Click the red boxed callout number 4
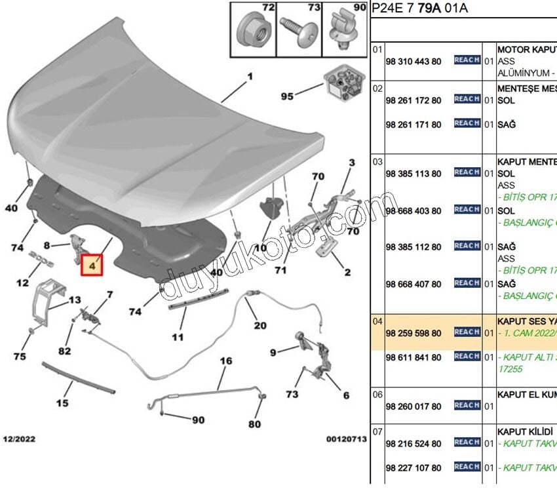point(92,267)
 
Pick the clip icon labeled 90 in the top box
point(345,29)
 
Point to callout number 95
point(287,96)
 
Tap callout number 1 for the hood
point(250,77)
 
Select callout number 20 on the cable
point(260,326)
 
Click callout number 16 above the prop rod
point(226,361)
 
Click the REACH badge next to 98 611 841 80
point(467,356)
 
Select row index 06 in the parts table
point(377,395)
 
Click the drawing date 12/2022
point(20,439)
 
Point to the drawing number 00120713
point(346,439)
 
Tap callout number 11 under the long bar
point(177,338)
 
